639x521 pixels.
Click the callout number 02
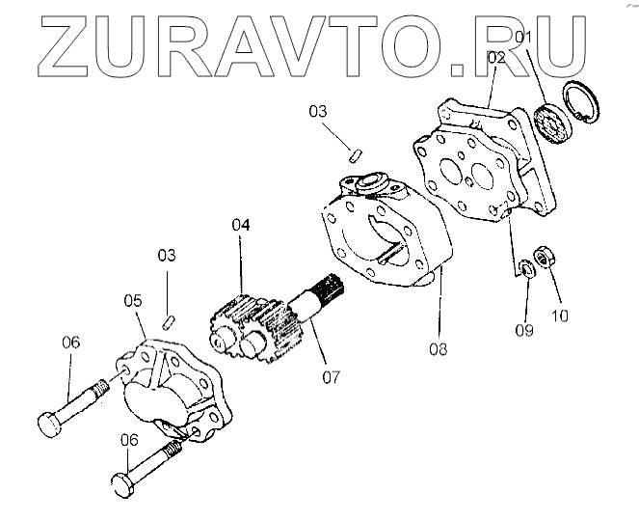497,58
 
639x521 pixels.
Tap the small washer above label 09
526,267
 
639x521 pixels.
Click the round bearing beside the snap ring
552,124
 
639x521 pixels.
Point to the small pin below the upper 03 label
356,151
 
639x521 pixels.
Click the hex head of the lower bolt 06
122,483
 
